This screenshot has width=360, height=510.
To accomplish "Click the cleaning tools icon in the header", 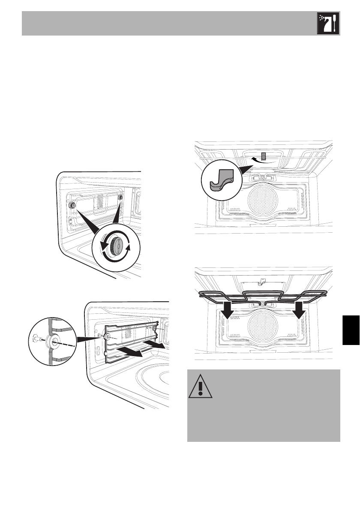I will [x=328, y=24].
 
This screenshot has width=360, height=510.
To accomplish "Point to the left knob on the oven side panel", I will [x=72, y=206].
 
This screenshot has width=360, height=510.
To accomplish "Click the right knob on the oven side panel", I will [x=120, y=198].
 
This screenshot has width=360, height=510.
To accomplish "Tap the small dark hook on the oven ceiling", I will [x=264, y=157].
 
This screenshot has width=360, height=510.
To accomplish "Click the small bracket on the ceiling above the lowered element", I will [x=260, y=282].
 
